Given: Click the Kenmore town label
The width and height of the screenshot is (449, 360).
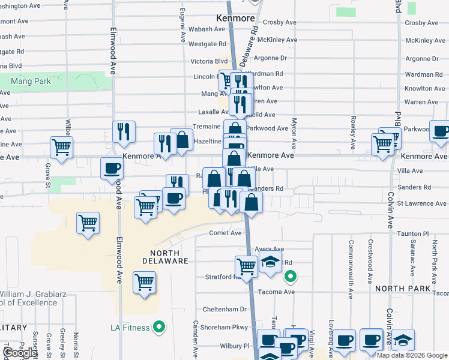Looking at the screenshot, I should pos(236,19).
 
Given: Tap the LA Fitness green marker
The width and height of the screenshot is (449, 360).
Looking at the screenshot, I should pos(159,327).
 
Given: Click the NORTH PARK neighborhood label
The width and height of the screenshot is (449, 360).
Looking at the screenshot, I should pos(402,289).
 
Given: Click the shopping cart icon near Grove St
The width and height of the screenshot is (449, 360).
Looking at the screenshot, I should pos(61,146).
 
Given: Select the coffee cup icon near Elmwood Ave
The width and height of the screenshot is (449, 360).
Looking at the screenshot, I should pos(112,168).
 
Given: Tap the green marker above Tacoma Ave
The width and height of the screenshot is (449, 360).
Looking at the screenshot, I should pos(290,277).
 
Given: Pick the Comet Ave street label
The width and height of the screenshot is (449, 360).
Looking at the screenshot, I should pos(225,233).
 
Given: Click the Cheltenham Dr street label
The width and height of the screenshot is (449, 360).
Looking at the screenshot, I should pos(223,310).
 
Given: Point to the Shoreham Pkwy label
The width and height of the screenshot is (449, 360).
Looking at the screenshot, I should pos(223,327).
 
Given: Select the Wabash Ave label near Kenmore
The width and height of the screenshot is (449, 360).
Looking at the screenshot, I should pos(208,29).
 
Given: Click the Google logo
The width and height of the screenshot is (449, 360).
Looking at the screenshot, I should pos(20,353).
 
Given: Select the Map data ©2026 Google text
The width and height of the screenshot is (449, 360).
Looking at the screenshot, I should pos(412,355).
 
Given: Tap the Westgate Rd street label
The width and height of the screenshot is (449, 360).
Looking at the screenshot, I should pos(207,44).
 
